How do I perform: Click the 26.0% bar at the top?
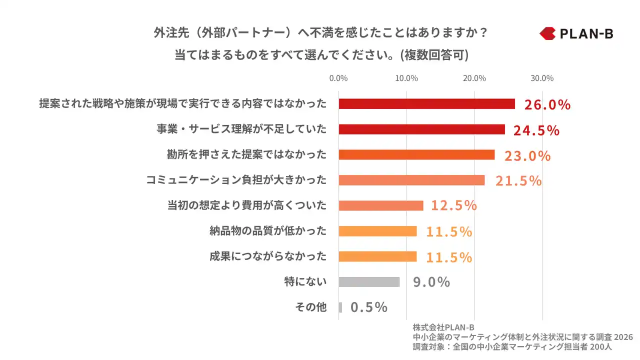(x=426, y=103)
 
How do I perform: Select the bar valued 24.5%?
(x=421, y=129)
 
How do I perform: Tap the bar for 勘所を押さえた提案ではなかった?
(x=416, y=154)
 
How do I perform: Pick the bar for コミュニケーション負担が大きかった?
(x=411, y=180)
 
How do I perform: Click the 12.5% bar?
(x=381, y=205)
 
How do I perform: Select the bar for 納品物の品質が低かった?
(x=377, y=231)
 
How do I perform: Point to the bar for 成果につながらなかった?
(x=377, y=256)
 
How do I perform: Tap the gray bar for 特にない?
(x=369, y=282)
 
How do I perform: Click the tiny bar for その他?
(x=340, y=307)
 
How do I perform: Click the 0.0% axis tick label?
(x=338, y=78)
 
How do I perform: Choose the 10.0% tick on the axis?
(x=406, y=78)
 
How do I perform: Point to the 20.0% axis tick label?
(x=474, y=78)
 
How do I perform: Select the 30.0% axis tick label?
(x=542, y=78)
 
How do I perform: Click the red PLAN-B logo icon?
(x=547, y=33)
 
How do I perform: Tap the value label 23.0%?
(x=527, y=155)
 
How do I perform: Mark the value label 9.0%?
(x=431, y=282)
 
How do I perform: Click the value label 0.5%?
(x=369, y=307)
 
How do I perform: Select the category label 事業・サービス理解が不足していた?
(x=241, y=129)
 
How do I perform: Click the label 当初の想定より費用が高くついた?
(x=246, y=205)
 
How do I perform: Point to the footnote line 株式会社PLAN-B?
(x=443, y=327)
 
